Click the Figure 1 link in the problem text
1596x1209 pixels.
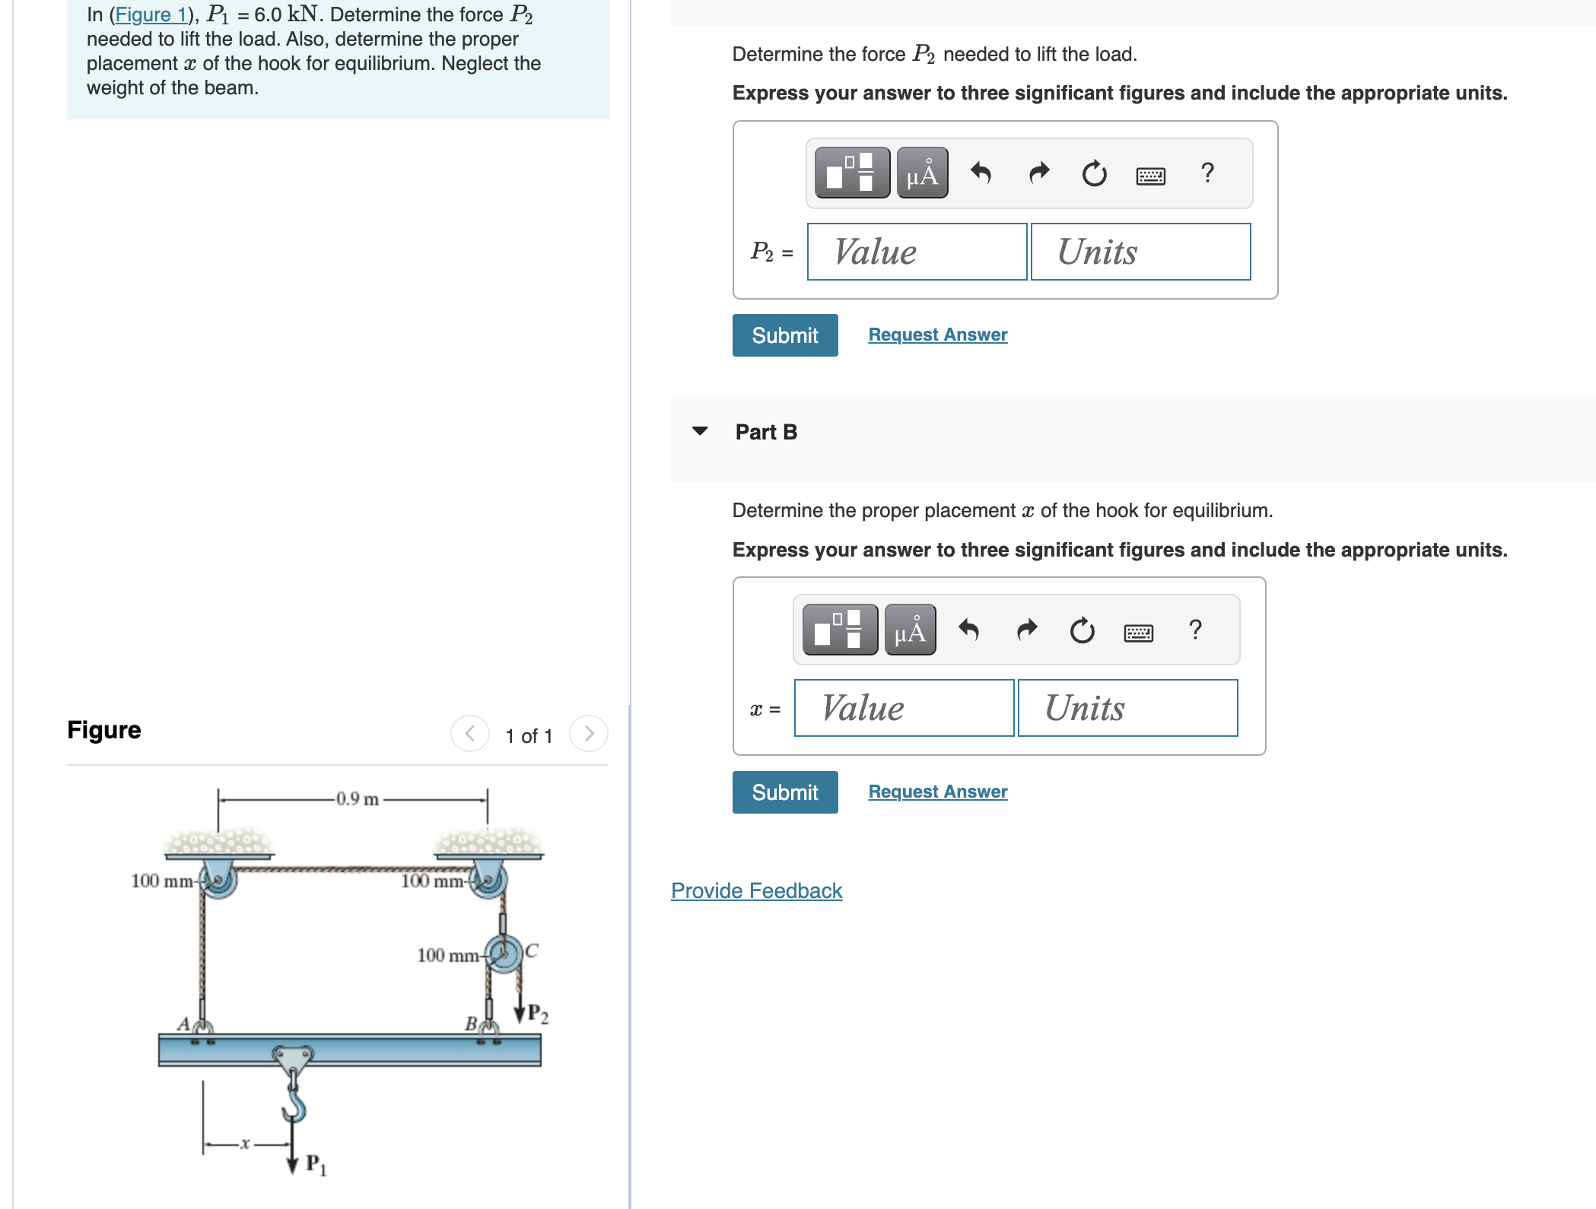click(150, 14)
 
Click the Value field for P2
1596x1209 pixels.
click(917, 252)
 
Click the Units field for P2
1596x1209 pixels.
click(1140, 252)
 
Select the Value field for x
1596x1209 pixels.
click(904, 708)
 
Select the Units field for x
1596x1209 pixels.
click(1127, 708)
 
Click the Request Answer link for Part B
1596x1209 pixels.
click(937, 792)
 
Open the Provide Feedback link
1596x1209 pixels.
click(756, 890)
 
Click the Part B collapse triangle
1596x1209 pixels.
click(700, 431)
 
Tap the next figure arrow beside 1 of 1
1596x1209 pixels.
click(588, 734)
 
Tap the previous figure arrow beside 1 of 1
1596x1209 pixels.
click(469, 734)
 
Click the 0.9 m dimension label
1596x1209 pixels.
click(357, 799)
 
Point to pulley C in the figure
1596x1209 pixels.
click(504, 953)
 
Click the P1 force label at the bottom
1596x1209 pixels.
click(315, 1164)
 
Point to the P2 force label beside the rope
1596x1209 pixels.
click(537, 1014)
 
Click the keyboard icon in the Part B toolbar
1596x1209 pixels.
click(1138, 632)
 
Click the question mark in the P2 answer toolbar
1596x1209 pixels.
click(1207, 173)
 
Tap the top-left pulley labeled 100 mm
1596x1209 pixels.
click(219, 880)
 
